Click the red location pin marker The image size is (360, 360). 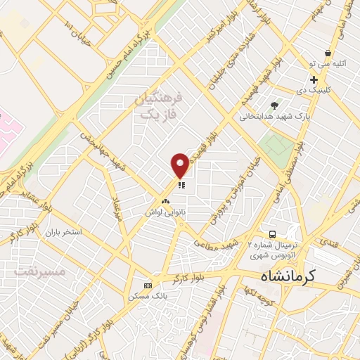click(180, 165)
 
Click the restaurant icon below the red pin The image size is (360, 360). click(181, 186)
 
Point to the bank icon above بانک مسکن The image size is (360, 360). click(147, 285)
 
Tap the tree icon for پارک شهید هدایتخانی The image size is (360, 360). click(284, 105)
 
